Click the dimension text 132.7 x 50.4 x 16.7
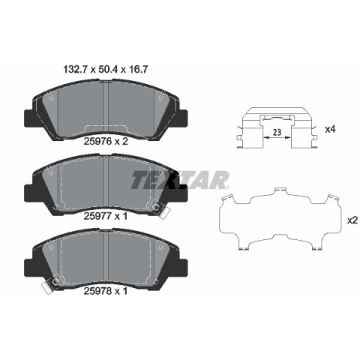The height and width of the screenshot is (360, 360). click(106, 69)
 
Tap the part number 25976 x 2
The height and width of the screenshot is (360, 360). click(106, 142)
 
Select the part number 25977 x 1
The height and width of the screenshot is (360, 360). click(106, 216)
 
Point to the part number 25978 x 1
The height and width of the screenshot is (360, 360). click(106, 291)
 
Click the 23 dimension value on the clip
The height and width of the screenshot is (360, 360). click(277, 132)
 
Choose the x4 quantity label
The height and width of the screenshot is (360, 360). click(330, 129)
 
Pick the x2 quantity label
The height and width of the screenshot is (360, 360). click(352, 220)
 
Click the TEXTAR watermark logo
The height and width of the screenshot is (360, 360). click(179, 180)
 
